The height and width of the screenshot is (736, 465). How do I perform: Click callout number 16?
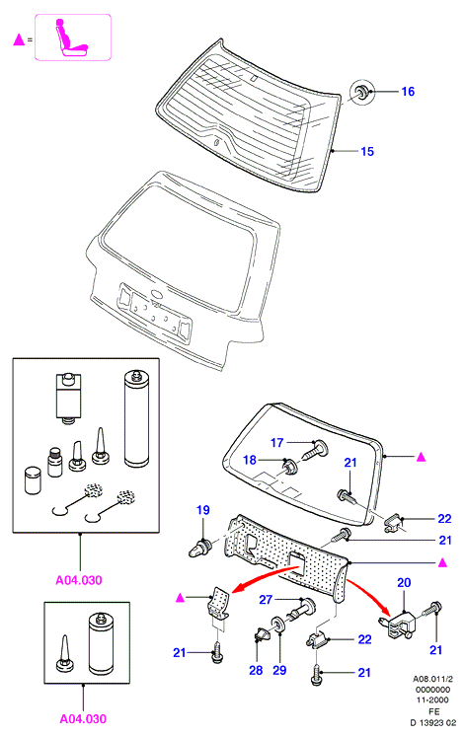(408, 91)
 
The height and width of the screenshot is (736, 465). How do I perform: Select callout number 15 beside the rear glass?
(367, 151)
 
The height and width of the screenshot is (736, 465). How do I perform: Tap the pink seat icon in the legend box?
(71, 37)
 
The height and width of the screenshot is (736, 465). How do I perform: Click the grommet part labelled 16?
(362, 92)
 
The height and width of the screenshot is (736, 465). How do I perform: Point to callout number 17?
(277, 442)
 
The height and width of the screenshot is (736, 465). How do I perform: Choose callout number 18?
(250, 460)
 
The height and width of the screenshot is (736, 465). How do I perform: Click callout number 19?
(203, 510)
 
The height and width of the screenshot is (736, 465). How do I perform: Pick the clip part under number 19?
(200, 548)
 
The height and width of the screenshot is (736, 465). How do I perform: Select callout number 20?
(404, 582)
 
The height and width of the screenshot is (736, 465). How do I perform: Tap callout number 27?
(266, 600)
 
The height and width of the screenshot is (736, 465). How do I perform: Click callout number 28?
(256, 670)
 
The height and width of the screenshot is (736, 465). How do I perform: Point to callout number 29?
(279, 670)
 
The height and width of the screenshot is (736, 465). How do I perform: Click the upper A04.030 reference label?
(78, 580)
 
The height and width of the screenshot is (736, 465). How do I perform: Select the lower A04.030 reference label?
(83, 718)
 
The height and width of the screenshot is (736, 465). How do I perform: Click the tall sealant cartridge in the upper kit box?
(136, 418)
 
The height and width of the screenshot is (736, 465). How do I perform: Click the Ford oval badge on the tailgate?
(157, 294)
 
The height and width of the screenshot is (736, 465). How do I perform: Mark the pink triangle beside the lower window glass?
(422, 456)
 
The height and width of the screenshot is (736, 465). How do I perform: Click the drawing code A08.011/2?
(432, 679)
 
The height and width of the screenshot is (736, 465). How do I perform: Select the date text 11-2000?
(432, 699)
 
